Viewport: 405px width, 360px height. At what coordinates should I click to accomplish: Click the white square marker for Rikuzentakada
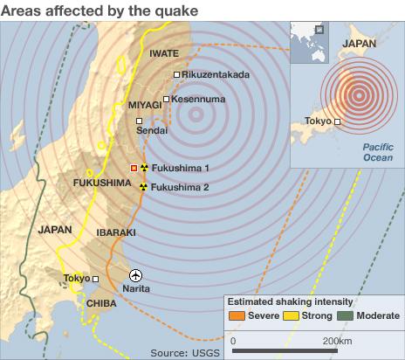tap(176, 75)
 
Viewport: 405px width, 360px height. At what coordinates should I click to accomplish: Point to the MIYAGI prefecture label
tap(146, 105)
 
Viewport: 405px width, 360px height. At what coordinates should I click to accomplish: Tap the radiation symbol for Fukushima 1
tap(144, 167)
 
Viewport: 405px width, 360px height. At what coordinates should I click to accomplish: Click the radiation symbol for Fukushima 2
tap(144, 187)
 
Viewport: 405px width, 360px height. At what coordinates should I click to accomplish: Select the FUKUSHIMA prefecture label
tap(102, 182)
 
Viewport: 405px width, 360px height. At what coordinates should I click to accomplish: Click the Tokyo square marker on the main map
tap(96, 280)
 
